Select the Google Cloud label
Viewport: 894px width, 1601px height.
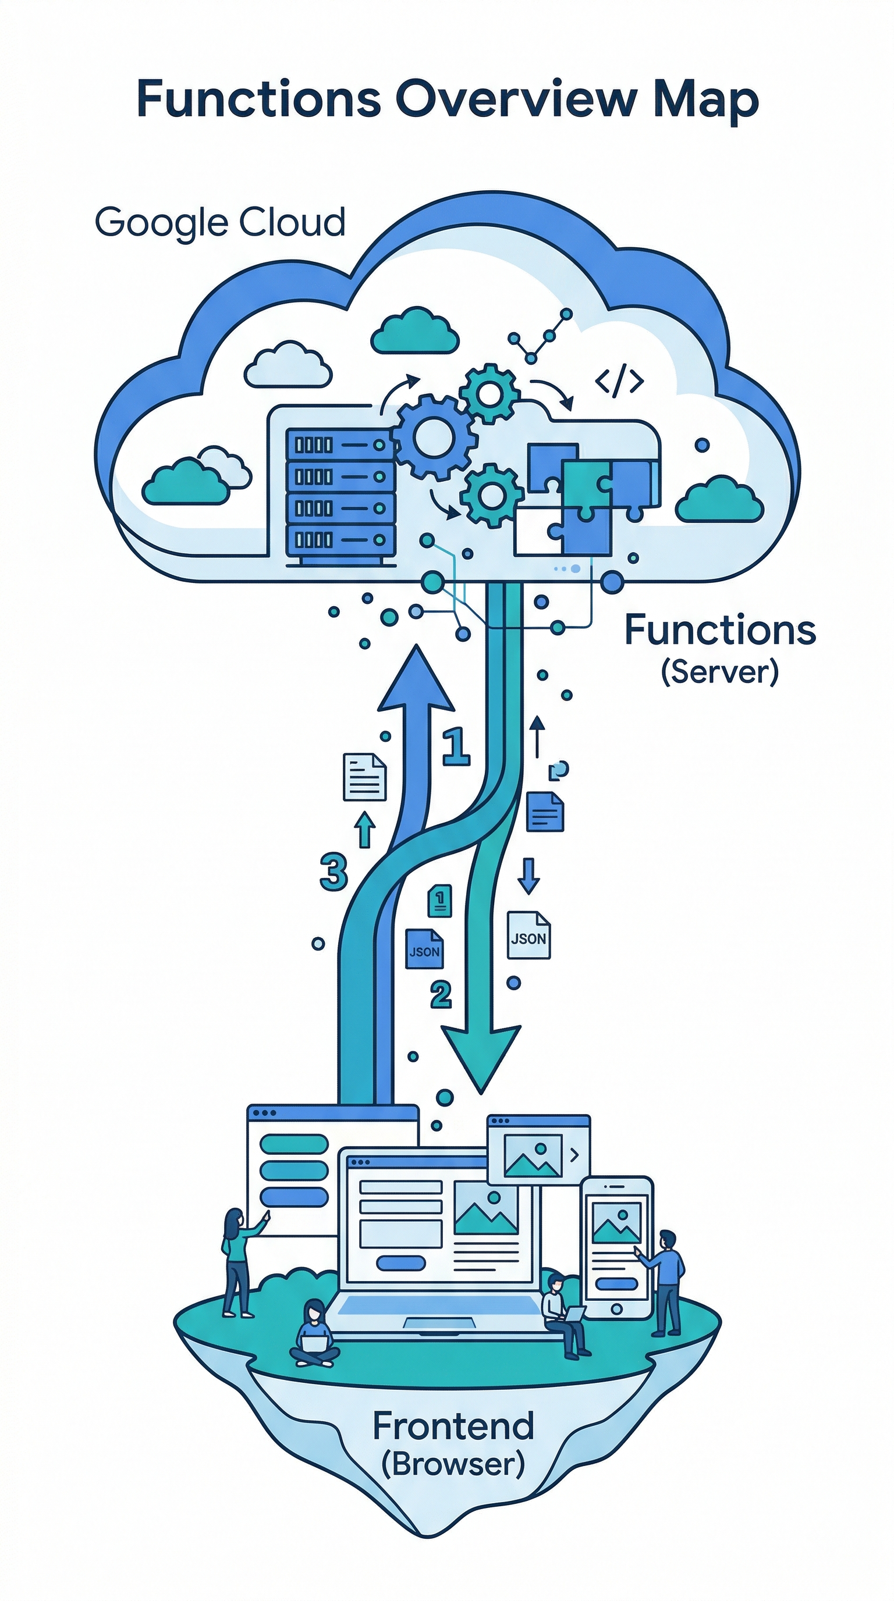219,222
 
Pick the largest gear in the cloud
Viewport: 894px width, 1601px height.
434,437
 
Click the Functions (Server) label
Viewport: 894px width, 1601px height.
719,646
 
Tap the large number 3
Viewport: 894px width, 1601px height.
334,871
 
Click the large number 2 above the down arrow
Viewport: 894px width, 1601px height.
441,994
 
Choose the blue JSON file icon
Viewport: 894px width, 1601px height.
424,949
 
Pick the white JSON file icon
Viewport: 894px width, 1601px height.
528,935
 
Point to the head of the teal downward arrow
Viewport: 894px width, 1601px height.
481,1056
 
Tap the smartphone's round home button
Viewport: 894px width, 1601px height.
617,1308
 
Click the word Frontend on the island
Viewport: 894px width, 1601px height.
453,1426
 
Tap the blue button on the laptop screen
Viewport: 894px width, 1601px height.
401,1264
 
